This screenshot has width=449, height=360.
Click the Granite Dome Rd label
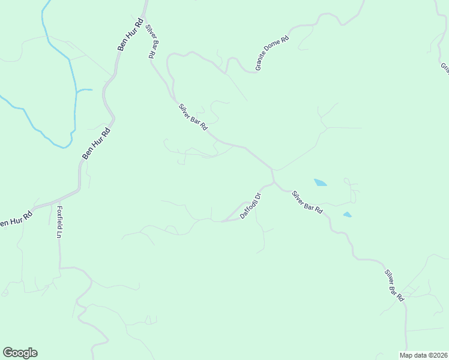pyautogui.click(x=272, y=53)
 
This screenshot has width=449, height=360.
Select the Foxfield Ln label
pyautogui.click(x=59, y=221)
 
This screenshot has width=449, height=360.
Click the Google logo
pyautogui.click(x=20, y=353)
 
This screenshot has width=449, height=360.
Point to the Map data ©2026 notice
pyautogui.click(x=423, y=355)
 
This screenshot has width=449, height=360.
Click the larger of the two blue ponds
pyautogui.click(x=320, y=182)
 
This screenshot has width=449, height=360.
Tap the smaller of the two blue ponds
pyautogui.click(x=347, y=214)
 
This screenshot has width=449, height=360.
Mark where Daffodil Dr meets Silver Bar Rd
pyautogui.click(x=273, y=182)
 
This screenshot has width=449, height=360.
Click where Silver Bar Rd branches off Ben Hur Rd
pyautogui.click(x=145, y=13)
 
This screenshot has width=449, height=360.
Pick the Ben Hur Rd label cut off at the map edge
pyautogui.click(x=14, y=220)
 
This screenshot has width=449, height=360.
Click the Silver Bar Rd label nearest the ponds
pyautogui.click(x=307, y=202)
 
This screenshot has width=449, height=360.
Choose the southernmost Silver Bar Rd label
pyautogui.click(x=394, y=285)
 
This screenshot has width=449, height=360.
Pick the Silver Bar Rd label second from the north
pyautogui.click(x=192, y=117)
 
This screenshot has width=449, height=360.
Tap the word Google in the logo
pyautogui.click(x=20, y=353)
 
